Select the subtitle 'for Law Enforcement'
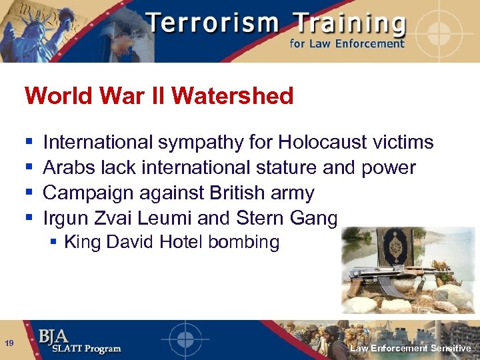point(346,44)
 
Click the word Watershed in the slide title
point(232,96)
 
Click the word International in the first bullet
point(98,142)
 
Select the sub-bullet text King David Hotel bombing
point(171,241)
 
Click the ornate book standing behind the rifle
point(393,251)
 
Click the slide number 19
point(9,343)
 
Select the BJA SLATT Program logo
point(79,341)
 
